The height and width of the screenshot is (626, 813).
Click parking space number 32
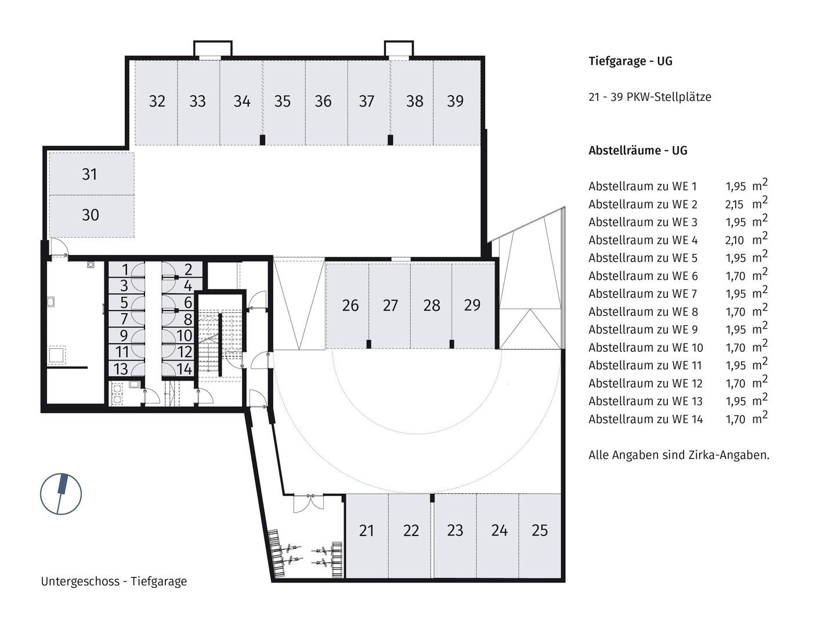pyautogui.click(x=157, y=102)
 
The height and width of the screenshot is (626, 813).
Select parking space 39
pyautogui.click(x=456, y=102)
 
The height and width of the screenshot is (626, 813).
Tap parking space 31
pyautogui.click(x=90, y=174)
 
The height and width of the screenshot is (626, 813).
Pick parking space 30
pyautogui.click(x=90, y=215)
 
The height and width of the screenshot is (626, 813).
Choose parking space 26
pyautogui.click(x=349, y=305)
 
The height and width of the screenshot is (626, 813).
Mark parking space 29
pyautogui.click(x=472, y=305)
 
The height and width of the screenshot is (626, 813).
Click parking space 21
pyautogui.click(x=366, y=531)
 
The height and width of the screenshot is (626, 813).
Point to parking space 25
pyautogui.click(x=540, y=531)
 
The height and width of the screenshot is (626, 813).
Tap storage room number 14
pyautogui.click(x=184, y=369)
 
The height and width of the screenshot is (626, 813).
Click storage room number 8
pyautogui.click(x=187, y=319)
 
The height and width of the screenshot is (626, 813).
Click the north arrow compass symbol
pyautogui.click(x=61, y=494)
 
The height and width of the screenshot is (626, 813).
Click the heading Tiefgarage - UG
pyautogui.click(x=630, y=61)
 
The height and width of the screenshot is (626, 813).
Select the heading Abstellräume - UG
pyautogui.click(x=638, y=151)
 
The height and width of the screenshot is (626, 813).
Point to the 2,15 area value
pyautogui.click(x=735, y=205)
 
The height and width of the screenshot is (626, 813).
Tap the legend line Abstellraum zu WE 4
pyautogui.click(x=643, y=240)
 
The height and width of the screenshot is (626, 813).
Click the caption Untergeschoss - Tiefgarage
pyautogui.click(x=114, y=581)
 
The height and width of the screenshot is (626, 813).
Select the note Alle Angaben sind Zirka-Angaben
pyautogui.click(x=678, y=455)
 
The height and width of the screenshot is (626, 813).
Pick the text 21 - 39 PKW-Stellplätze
pyautogui.click(x=649, y=97)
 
